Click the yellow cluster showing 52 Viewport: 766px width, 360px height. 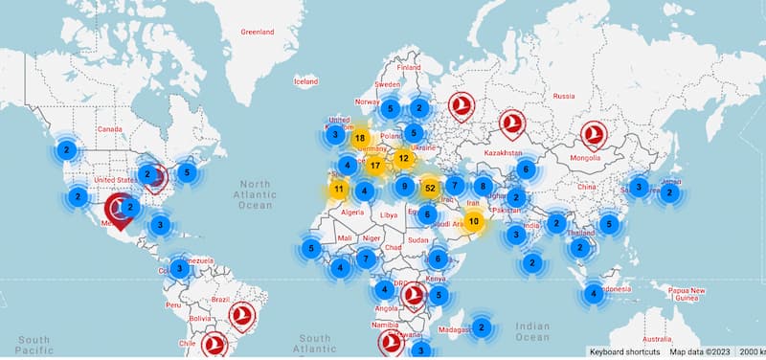[x=430, y=188]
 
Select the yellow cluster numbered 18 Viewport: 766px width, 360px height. [x=360, y=138]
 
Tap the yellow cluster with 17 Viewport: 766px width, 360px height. [x=374, y=166]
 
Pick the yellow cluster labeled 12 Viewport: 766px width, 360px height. [x=404, y=158]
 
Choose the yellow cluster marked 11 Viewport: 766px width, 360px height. [x=339, y=189]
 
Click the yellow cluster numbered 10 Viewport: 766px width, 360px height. [x=473, y=222]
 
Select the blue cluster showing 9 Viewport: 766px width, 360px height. [x=405, y=187]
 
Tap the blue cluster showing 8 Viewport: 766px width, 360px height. [x=484, y=187]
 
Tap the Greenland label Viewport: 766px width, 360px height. [x=257, y=32]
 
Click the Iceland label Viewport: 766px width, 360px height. [x=305, y=82]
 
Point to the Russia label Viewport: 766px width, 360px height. [x=564, y=96]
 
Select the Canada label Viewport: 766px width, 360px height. [x=111, y=128]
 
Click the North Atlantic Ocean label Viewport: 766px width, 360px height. [x=256, y=193]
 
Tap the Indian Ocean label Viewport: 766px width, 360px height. [x=531, y=331]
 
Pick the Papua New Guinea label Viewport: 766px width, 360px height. [x=686, y=294]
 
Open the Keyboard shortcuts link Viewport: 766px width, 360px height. [x=625, y=351]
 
